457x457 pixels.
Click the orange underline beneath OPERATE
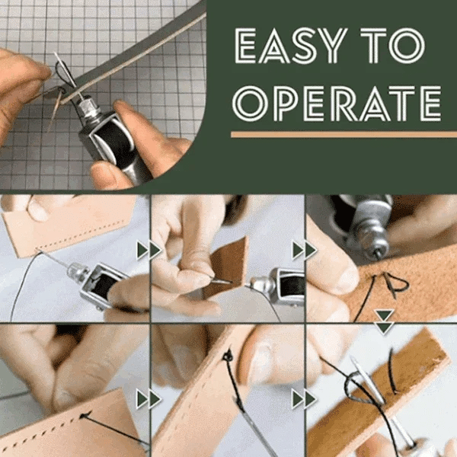[x=335, y=134]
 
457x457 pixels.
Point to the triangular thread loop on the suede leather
[x=393, y=284]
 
